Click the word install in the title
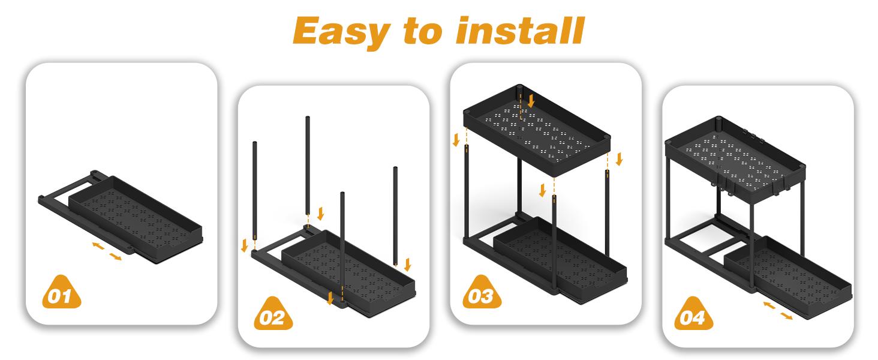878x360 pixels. pos(520,31)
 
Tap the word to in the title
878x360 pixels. pos(423,31)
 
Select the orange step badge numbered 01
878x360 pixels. pos(62,293)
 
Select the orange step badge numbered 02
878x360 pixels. pos(273,314)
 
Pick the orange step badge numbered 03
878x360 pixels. pos(482,293)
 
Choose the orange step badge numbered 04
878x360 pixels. pos(694,314)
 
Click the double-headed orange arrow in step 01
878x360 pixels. pos(107,251)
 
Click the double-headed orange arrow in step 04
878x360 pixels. pos(778,311)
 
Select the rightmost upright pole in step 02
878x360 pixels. pos(395,215)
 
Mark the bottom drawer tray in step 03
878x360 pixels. pos(560,259)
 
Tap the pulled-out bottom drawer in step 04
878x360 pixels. pos(788,277)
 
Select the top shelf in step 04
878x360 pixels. pos(735,159)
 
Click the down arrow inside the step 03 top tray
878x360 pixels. pos(531,100)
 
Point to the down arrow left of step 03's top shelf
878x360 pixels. pos(456,140)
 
